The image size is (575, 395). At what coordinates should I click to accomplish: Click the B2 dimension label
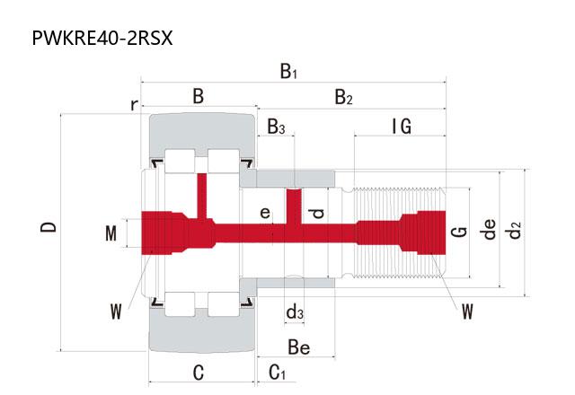343,97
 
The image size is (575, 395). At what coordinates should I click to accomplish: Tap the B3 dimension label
276,127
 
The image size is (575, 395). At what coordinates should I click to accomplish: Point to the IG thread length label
402,127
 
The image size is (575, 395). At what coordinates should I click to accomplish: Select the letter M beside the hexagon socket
111,234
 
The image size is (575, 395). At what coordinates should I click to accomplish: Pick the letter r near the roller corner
134,105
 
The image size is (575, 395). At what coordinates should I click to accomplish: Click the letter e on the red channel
265,213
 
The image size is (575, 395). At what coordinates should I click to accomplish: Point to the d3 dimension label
294,312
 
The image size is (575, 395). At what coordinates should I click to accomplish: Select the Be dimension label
299,346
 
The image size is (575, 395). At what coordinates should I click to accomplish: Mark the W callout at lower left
116,312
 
